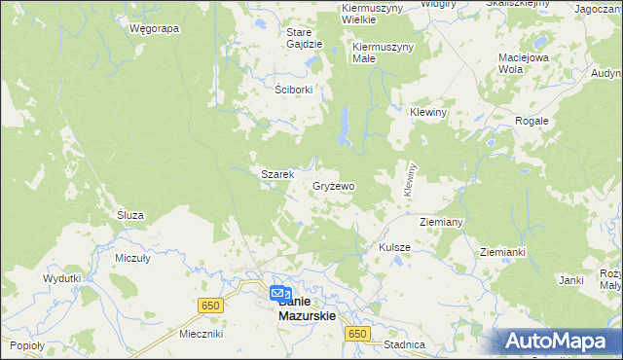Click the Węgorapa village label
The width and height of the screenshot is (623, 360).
click(154, 28)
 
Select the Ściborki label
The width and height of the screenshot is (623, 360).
click(293, 88)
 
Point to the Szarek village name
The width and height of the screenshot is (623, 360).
click(276, 174)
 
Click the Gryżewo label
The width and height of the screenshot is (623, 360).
click(334, 185)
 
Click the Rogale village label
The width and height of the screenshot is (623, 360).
click(533, 121)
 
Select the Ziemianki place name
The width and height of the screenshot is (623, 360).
click(502, 251)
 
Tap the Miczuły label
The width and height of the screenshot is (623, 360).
click(132, 258)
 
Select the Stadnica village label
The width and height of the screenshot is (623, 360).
click(405, 344)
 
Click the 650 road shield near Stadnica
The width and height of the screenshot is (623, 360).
click(357, 334)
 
